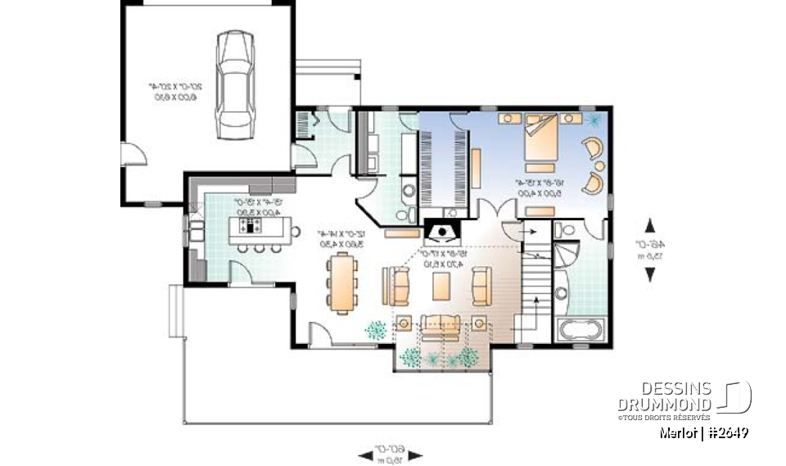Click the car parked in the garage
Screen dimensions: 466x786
234,86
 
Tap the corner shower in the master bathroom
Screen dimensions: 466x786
565,254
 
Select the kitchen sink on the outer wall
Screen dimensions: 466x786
196,226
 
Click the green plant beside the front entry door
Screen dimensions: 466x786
376,329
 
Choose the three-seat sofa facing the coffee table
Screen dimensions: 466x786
440,325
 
